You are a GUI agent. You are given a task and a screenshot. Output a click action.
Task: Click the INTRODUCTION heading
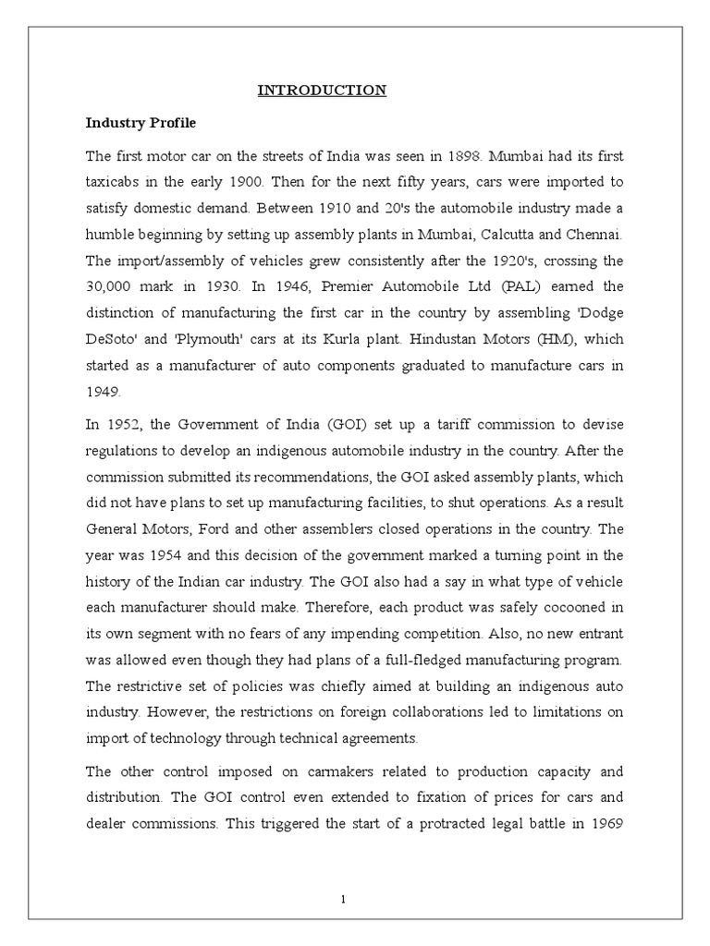click(x=321, y=91)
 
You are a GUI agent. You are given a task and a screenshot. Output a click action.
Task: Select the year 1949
click(x=102, y=392)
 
